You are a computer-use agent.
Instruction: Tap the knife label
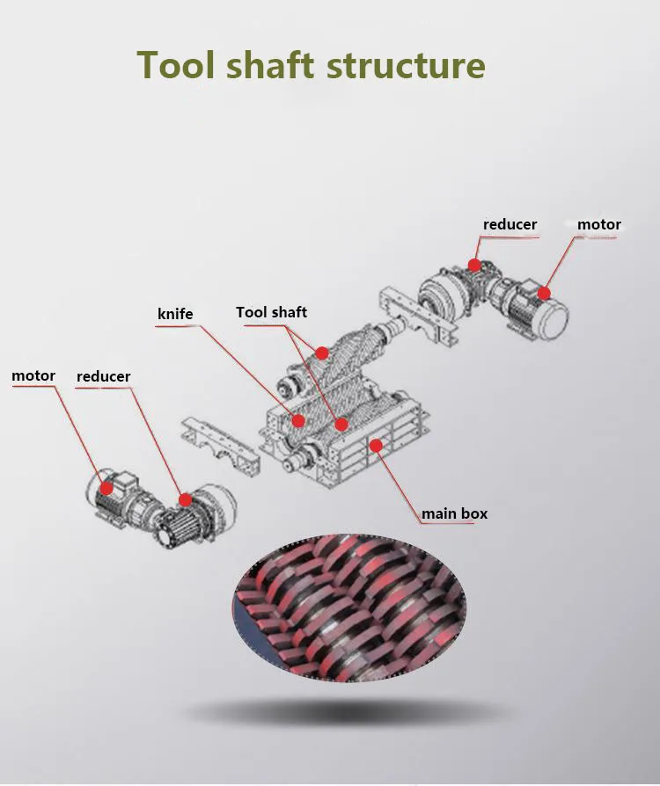175,314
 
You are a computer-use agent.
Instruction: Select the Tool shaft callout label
271,312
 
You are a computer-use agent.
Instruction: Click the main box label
454,513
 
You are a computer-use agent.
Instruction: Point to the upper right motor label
598,225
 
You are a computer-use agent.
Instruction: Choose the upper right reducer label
510,225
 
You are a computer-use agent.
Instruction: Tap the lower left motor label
33,376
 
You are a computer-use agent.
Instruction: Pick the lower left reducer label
103,377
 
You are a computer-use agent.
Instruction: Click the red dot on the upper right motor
544,293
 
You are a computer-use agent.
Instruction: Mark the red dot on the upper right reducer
474,264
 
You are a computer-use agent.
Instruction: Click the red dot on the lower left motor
106,487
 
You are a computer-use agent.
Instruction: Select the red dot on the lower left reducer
185,499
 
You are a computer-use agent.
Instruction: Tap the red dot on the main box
376,446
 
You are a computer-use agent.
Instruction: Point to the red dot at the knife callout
298,419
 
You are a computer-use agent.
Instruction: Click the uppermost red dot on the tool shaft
322,353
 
